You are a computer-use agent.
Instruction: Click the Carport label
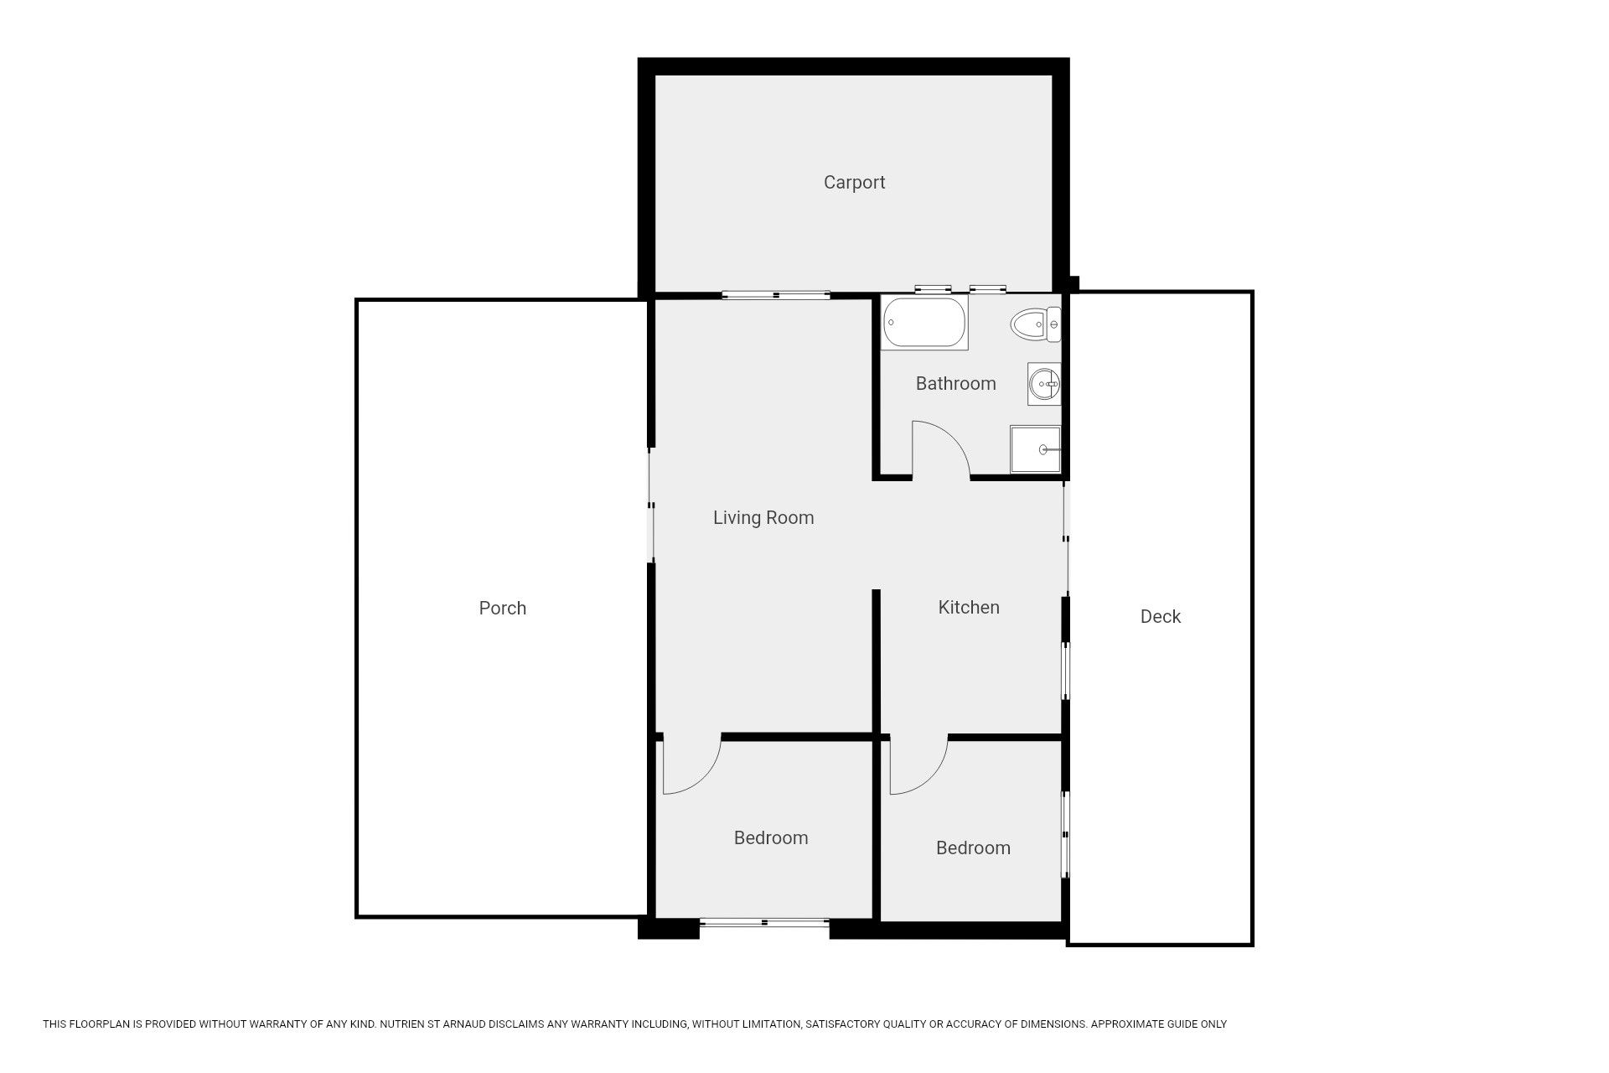[854, 183]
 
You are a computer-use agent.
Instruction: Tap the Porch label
[503, 608]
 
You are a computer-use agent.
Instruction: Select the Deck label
[1161, 616]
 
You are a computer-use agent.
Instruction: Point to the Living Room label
[763, 518]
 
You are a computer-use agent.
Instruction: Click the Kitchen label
[969, 607]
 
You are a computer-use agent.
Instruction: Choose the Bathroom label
[955, 383]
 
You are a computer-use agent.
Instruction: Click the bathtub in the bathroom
[925, 323]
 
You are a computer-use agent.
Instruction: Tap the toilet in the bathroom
[1036, 324]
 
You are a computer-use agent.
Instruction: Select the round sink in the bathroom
[1044, 385]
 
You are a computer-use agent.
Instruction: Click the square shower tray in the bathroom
[1036, 449]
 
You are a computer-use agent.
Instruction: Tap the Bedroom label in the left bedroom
[771, 837]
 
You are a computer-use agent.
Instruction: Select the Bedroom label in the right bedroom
[973, 848]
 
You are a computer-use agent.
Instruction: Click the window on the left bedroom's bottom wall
[764, 923]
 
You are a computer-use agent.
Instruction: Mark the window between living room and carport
[776, 294]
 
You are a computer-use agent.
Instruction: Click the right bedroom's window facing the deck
[1066, 835]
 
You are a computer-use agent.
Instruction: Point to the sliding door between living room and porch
[651, 505]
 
